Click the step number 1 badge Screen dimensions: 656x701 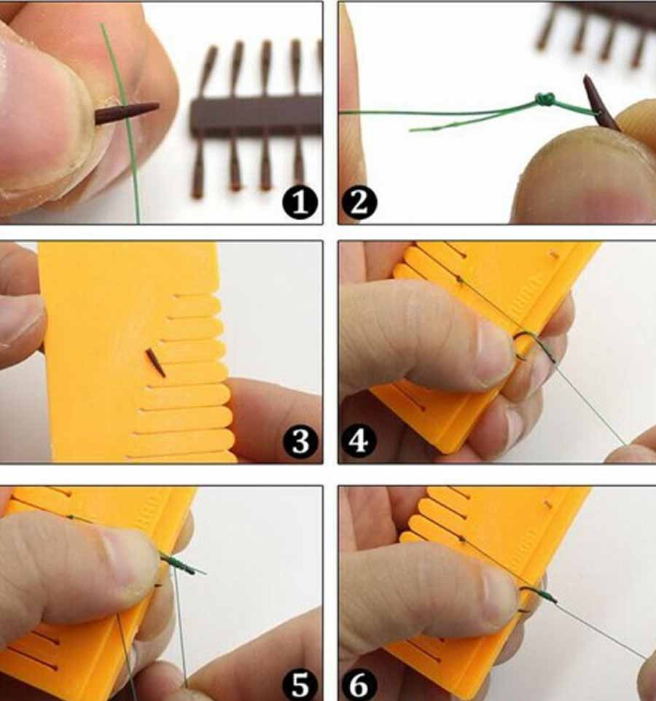coord(300,203)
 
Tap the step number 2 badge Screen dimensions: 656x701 coord(359,203)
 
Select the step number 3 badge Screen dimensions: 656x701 coord(300,442)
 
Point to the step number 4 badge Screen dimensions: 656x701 coord(359,442)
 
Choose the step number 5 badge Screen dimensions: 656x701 coord(300,684)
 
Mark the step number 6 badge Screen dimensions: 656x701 coord(359,684)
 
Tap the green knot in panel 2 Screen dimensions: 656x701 coord(545,99)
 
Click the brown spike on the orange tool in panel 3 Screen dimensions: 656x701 coord(155,363)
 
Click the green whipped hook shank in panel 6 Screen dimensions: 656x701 coord(544,595)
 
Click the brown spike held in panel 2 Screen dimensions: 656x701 coord(601,103)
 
